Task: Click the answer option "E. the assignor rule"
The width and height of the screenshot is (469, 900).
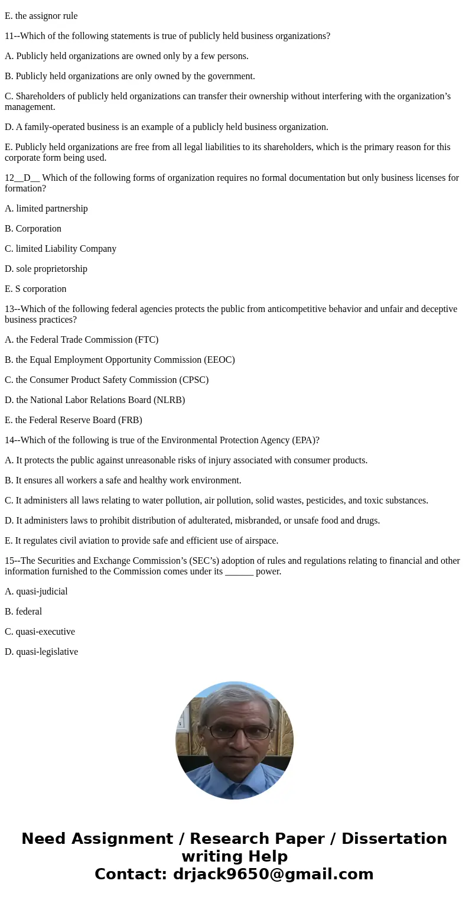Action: tap(41, 16)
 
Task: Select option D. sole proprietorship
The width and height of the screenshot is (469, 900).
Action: tap(46, 269)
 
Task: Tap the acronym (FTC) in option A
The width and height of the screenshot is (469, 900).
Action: tap(146, 340)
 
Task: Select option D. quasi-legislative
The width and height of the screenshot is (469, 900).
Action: tap(41, 652)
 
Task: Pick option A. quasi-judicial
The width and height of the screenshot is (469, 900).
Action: tap(36, 592)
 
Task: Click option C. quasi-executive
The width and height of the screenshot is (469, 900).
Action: tap(40, 632)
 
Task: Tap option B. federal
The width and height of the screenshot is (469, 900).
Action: tap(24, 612)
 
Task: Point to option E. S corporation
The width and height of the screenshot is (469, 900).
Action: tap(35, 289)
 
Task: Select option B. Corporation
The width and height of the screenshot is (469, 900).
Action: tap(33, 229)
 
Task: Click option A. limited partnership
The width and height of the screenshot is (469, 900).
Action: tap(46, 209)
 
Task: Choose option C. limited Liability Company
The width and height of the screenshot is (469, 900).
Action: tap(60, 249)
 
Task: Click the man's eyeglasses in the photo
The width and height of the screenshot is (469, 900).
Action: tap(237, 731)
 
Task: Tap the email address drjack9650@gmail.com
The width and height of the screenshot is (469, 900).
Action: tap(273, 874)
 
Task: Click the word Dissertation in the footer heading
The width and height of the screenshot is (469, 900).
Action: tap(394, 839)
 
